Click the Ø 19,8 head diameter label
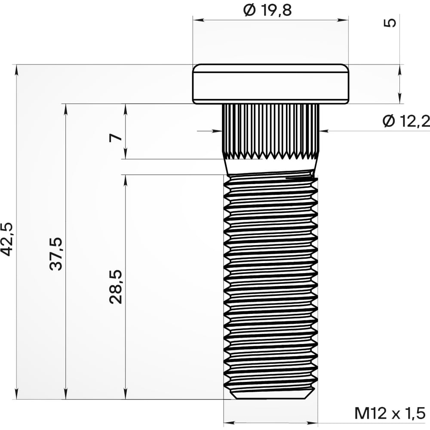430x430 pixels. tap(267, 10)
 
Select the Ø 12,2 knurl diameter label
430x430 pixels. tap(405, 122)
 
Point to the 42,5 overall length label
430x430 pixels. tap(8, 239)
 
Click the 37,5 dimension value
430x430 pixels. tap(56, 254)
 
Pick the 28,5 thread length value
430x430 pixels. tap(116, 287)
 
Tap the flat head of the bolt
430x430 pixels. tap(270, 84)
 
